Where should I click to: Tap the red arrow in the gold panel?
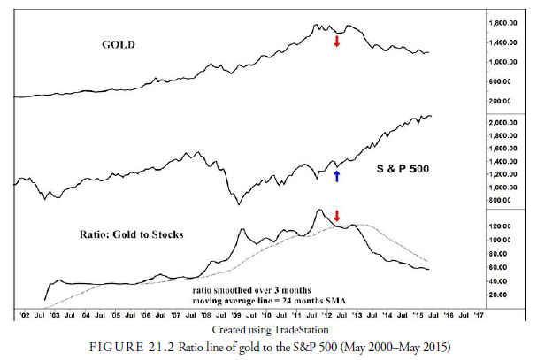click(336, 42)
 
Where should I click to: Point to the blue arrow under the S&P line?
click(336, 176)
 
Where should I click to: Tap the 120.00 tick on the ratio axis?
click(502, 226)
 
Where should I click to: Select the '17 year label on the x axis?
click(479, 314)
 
